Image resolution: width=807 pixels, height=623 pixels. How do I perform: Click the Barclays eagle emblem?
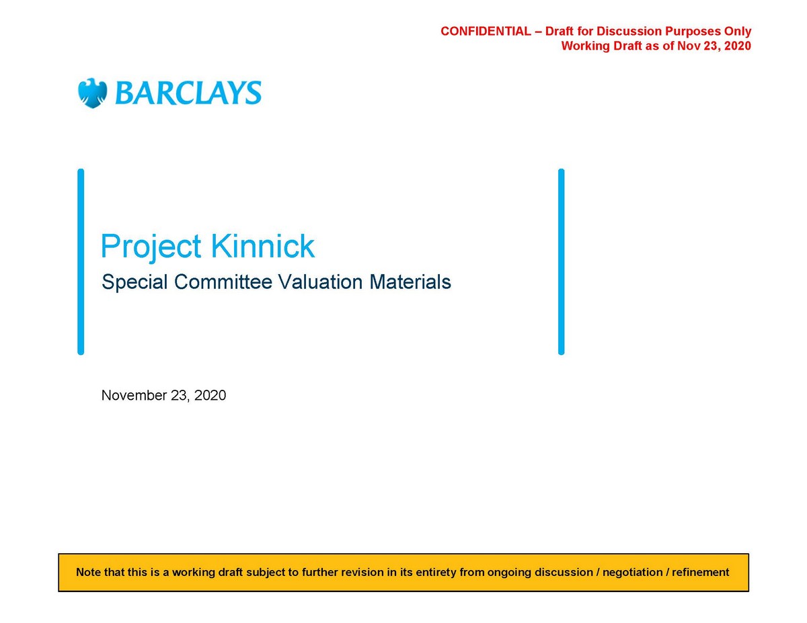[93, 93]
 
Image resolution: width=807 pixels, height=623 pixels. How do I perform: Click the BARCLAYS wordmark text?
[188, 93]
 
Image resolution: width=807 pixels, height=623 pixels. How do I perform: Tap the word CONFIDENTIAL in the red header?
[486, 31]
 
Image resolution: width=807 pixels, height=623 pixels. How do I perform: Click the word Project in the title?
[151, 247]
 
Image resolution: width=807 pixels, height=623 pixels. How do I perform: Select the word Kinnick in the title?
[263, 245]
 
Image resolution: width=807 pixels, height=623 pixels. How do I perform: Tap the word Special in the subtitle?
[134, 282]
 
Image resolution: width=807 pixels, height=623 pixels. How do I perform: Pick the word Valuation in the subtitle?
[321, 282]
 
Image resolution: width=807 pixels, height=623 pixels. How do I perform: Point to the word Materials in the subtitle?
[410, 282]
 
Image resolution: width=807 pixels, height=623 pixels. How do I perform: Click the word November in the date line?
[134, 395]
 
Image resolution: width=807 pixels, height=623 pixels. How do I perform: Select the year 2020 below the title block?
[210, 395]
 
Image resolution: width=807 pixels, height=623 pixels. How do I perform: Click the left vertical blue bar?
[81, 261]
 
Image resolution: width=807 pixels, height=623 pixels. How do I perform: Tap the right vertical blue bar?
[561, 261]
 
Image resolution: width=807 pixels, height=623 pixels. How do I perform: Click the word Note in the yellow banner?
[88, 572]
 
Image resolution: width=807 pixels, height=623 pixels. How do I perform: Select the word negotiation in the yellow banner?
[632, 573]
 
